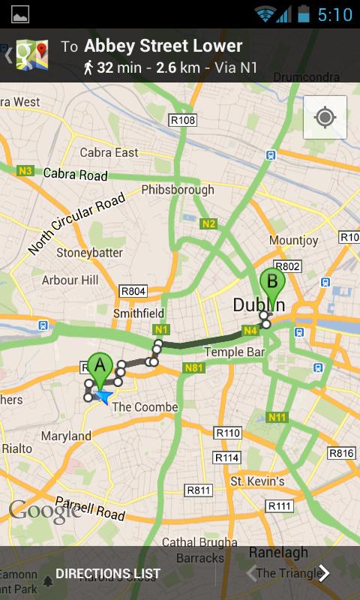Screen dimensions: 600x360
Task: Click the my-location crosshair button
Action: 325,118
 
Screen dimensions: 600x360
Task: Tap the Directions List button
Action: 107,574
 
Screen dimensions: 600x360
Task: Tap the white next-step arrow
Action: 324,574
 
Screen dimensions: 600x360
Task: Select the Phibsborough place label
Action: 178,190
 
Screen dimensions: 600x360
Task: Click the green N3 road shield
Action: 25,171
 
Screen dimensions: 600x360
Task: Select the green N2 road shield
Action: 208,223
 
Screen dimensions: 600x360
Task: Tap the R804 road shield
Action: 133,290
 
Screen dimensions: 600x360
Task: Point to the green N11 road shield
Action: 277,417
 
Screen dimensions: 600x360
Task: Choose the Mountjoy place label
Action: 289,241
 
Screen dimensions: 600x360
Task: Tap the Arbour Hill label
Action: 70,280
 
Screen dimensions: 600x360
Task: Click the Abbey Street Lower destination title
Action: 163,46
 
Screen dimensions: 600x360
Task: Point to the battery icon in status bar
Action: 303,13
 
